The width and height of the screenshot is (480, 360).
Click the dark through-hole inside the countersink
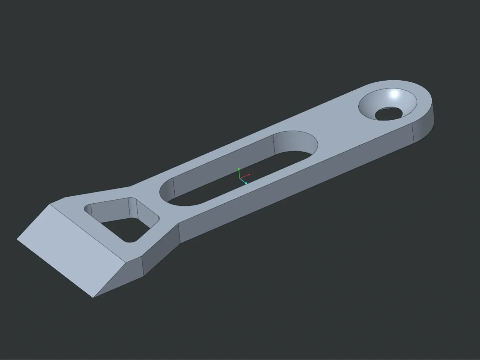pos(389,114)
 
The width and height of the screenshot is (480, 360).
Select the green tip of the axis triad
pos(239,169)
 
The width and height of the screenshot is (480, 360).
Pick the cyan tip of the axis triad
pos(246,183)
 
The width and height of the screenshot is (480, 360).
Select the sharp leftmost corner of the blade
pos(17,239)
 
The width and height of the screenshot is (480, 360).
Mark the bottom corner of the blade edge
pos(93,297)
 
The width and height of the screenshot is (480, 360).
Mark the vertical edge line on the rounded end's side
pos(412,133)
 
